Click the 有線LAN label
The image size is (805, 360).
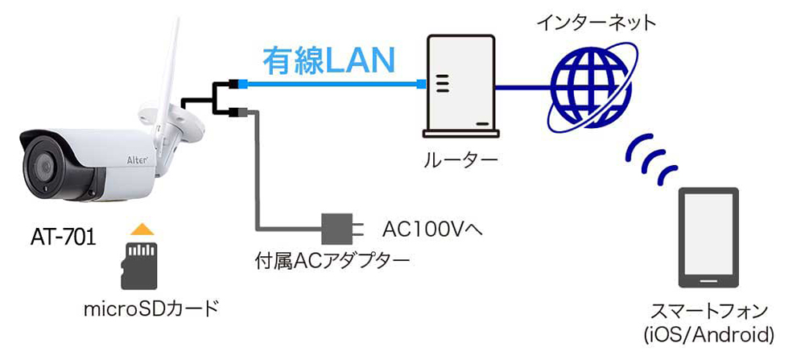pyautogui.click(x=329, y=60)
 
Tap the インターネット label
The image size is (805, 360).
pyautogui.click(x=597, y=23)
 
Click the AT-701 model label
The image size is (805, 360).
pyautogui.click(x=63, y=238)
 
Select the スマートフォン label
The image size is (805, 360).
pyautogui.click(x=709, y=311)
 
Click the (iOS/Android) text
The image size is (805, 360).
pyautogui.click(x=709, y=333)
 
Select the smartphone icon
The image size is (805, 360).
pyautogui.click(x=709, y=238)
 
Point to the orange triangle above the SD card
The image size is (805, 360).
pyautogui.click(x=141, y=230)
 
